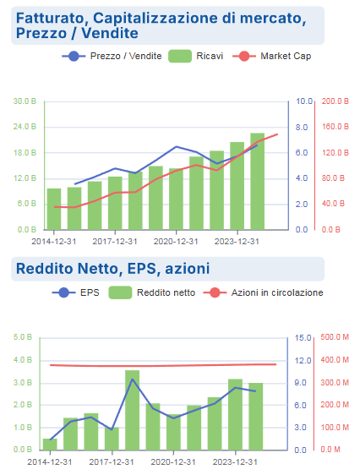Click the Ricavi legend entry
click(x=195, y=57)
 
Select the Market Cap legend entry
click(x=272, y=57)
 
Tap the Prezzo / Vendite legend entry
click(x=112, y=57)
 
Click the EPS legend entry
click(x=76, y=293)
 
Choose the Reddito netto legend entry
click(x=152, y=293)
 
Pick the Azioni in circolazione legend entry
click(x=264, y=293)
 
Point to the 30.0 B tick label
click(x=25, y=101)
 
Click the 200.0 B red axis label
click(x=335, y=101)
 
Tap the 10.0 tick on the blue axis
click(x=304, y=101)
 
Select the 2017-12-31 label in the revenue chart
click(x=115, y=242)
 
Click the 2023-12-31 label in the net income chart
click(x=235, y=462)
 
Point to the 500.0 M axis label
click(x=335, y=337)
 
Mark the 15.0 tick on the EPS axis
click(x=303, y=337)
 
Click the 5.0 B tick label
click(x=23, y=337)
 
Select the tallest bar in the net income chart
click(x=133, y=410)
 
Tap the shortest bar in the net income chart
click(x=50, y=445)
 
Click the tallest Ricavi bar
click(x=258, y=181)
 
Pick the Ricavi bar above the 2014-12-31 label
click(x=54, y=209)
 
